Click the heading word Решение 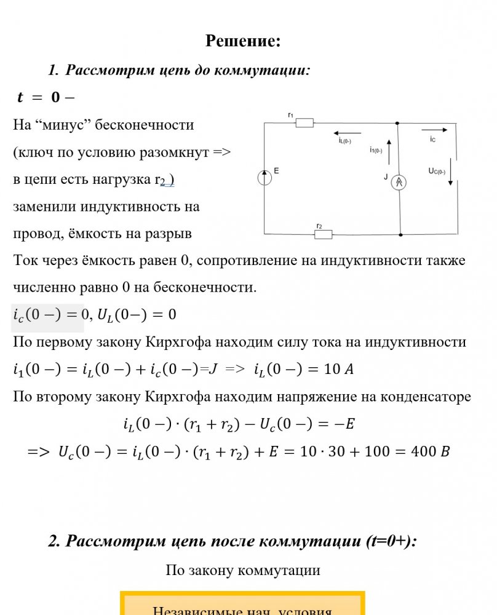243,41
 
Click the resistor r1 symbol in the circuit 304,123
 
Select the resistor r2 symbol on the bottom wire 323,234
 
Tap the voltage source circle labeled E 264,178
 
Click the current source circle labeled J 400,183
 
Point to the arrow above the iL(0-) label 348,132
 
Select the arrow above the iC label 433,130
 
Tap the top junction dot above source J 398,123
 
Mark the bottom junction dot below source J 400,234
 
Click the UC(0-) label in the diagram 437,172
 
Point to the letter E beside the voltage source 276,170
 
